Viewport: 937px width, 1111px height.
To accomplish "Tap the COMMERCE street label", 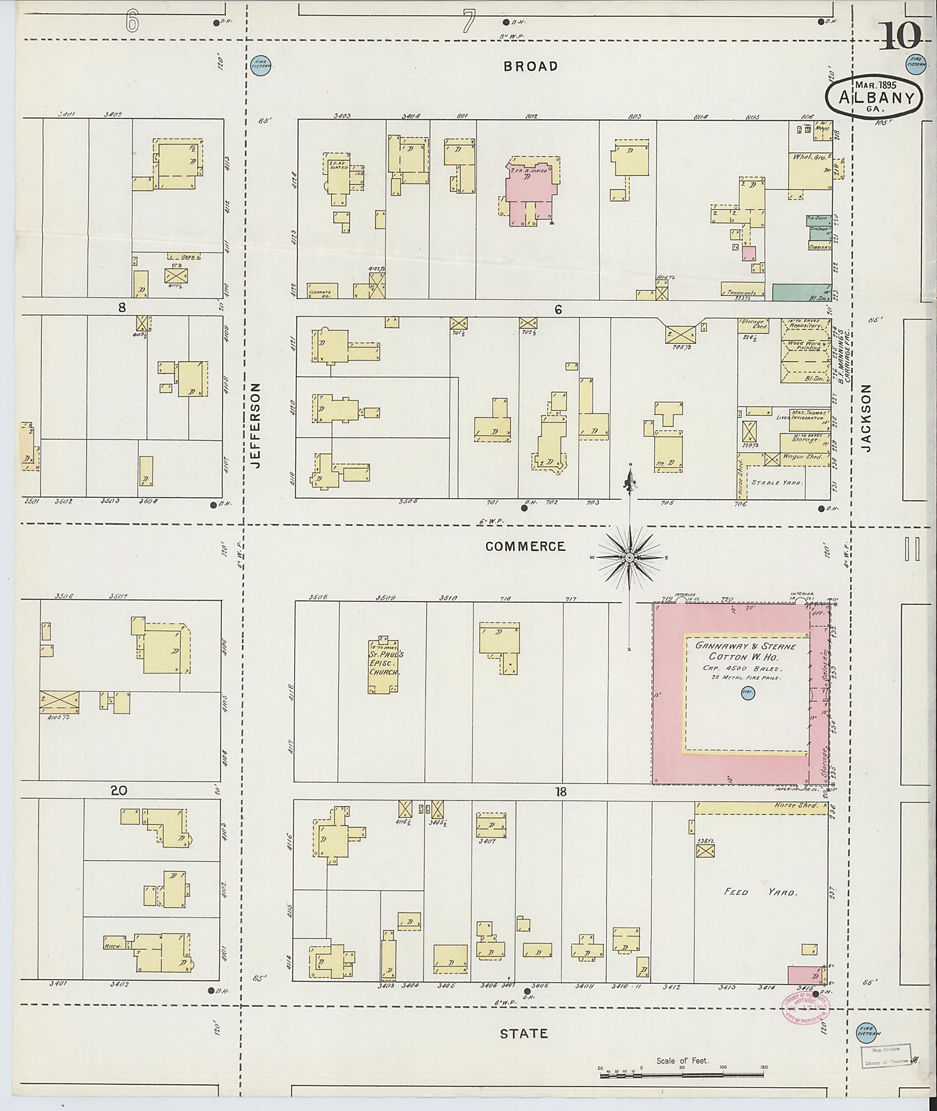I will click(x=525, y=547).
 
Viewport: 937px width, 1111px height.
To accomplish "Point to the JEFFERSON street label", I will click(x=257, y=426).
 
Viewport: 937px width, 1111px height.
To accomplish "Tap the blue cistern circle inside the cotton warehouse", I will click(x=748, y=692).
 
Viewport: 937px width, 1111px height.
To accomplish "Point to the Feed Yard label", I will click(x=761, y=892).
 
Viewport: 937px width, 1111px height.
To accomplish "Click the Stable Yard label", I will click(x=775, y=483).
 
